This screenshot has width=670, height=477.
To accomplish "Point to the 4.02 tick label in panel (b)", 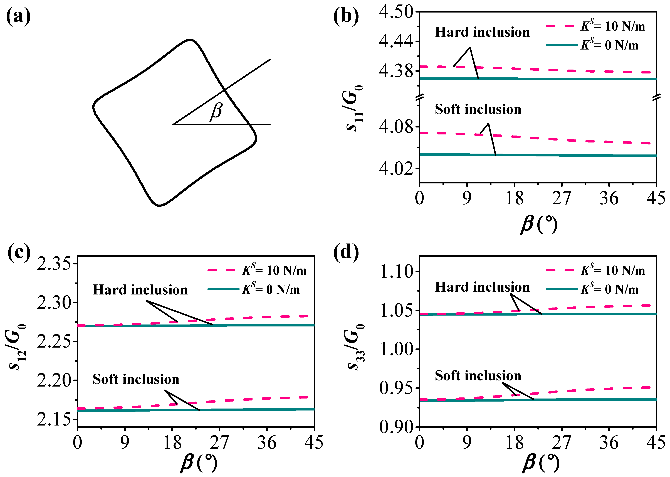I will (396, 169).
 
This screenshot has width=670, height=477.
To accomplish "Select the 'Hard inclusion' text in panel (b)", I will (482, 32).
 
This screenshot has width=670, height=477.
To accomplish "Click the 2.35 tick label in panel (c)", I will (54, 264).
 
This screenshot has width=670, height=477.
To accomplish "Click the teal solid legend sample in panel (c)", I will (223, 289).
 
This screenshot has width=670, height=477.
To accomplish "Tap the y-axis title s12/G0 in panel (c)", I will (16, 347).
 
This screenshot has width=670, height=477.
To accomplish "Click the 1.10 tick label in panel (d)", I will (396, 271).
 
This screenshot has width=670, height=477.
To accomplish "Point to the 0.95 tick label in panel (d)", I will (396, 388).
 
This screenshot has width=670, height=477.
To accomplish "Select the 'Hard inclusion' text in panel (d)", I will (482, 287).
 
